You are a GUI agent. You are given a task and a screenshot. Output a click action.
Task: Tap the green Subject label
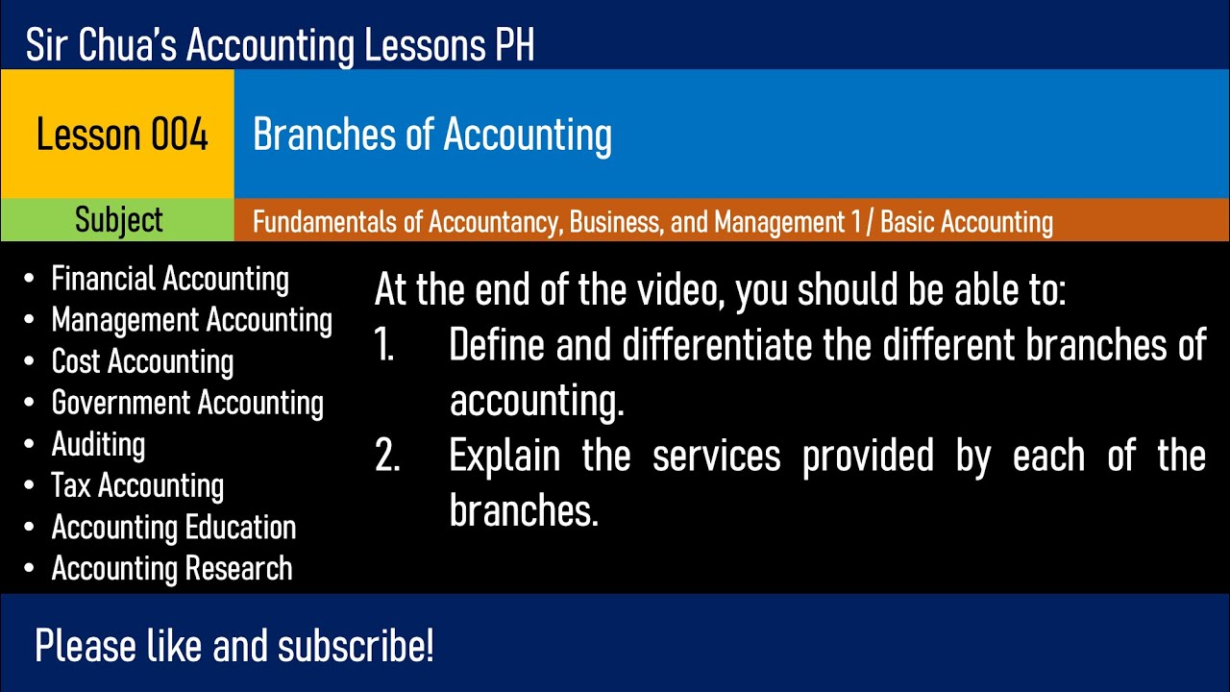coord(118,220)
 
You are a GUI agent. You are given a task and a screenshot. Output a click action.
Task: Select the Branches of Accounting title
coord(432,135)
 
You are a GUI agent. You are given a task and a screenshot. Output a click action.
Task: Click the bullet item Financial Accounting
coord(169,279)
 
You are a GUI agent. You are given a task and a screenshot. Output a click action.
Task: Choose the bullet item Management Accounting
coord(191,320)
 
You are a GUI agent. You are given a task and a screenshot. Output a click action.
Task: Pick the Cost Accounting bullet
coord(142,361)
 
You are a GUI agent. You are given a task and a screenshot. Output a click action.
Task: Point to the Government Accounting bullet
coord(187,403)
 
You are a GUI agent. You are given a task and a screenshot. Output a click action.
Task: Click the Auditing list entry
coord(98,444)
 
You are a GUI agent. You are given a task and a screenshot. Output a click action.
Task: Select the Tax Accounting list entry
coord(137,485)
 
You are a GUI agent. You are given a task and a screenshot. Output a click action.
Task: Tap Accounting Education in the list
coord(174,527)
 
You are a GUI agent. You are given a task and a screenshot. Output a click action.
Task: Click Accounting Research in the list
coord(172,568)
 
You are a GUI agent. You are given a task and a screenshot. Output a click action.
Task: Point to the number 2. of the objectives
coord(387,457)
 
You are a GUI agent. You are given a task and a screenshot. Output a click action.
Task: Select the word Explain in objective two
coord(504,457)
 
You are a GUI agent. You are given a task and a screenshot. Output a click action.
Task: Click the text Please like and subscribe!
coord(234,646)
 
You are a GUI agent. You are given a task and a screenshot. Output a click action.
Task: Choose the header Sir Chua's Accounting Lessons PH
coord(281,45)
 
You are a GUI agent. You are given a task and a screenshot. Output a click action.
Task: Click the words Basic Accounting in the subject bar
coord(967,222)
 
